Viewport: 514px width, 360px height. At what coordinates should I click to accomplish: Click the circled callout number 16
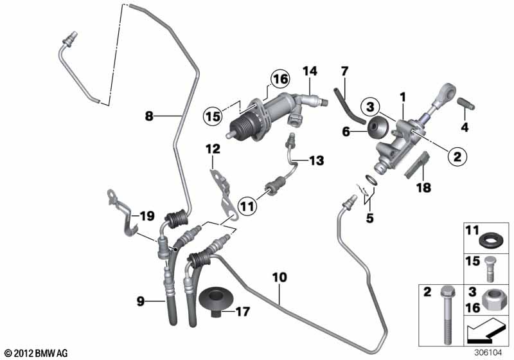coord(280,79)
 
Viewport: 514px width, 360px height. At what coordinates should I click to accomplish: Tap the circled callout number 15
coord(213,116)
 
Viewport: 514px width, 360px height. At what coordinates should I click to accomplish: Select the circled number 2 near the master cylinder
coord(457,156)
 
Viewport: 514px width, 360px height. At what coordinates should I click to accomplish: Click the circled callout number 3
coord(370,107)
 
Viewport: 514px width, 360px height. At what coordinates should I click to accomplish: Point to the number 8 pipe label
coord(149,116)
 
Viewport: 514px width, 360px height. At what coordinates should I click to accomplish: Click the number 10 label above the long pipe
coord(279,277)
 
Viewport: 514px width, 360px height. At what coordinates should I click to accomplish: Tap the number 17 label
coord(243,312)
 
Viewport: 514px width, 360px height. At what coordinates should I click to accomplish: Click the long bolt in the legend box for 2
coord(447,316)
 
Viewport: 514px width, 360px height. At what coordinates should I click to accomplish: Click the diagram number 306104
coord(488,353)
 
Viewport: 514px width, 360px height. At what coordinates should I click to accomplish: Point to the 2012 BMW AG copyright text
coord(37,353)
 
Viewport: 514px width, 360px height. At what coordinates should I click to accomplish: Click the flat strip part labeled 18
coord(417,165)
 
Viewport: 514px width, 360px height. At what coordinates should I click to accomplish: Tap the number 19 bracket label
coord(147,216)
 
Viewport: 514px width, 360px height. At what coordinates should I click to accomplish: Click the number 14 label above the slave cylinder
coord(310,71)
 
